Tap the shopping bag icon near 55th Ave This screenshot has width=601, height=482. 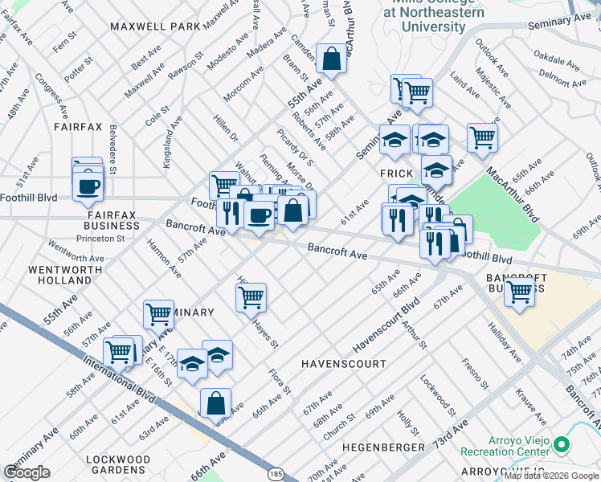331,58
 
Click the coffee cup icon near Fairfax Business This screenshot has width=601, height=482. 88,186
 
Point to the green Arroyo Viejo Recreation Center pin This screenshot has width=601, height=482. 562,444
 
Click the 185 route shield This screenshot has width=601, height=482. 276,475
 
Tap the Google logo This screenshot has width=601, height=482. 27,472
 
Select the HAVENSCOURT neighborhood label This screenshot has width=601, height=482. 339,364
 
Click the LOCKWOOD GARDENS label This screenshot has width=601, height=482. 117,464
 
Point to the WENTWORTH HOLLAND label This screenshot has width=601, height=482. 59,275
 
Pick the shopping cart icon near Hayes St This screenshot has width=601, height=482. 251,297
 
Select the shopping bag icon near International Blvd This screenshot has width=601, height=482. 215,403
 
